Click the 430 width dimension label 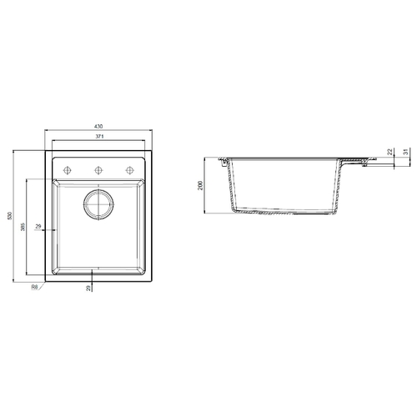[x=98, y=126]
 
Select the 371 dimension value [x=99, y=137]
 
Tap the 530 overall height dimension [x=10, y=216]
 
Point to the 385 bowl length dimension [x=23, y=227]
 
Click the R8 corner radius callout [x=34, y=287]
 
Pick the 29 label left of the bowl [x=38, y=226]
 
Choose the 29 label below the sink [x=88, y=289]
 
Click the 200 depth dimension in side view [x=200, y=185]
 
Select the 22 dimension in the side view [x=390, y=152]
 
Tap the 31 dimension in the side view [x=406, y=152]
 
